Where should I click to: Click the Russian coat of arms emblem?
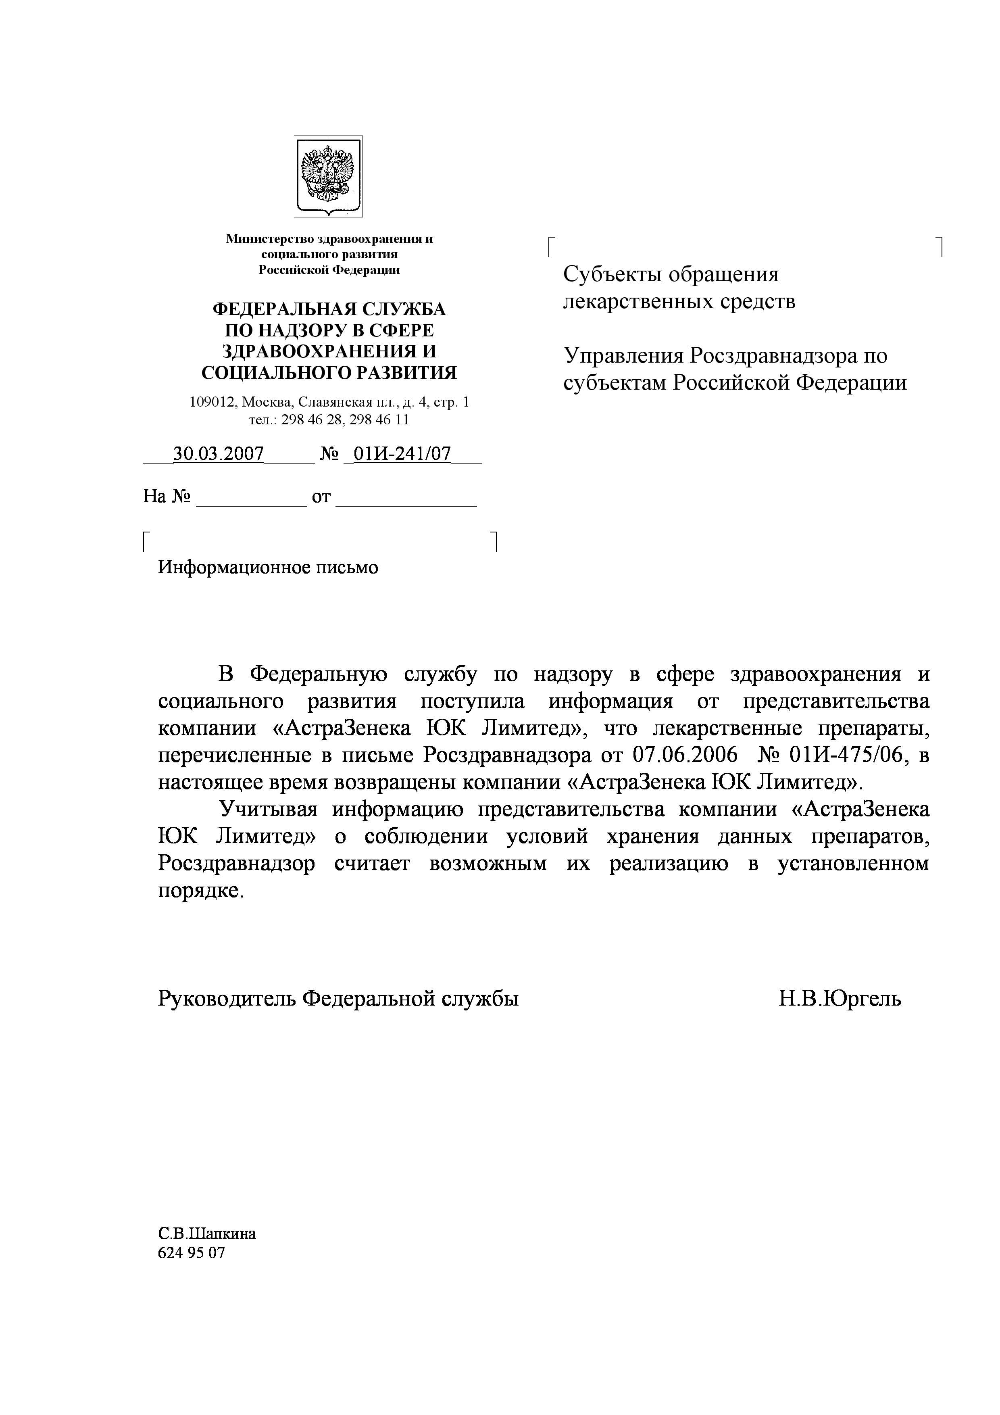click(x=328, y=175)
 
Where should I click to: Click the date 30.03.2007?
click(x=219, y=454)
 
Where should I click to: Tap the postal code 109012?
click(x=212, y=403)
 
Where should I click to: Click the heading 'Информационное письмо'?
click(x=268, y=568)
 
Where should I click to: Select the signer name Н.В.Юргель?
click(x=839, y=998)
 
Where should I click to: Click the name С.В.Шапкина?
click(x=207, y=1233)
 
